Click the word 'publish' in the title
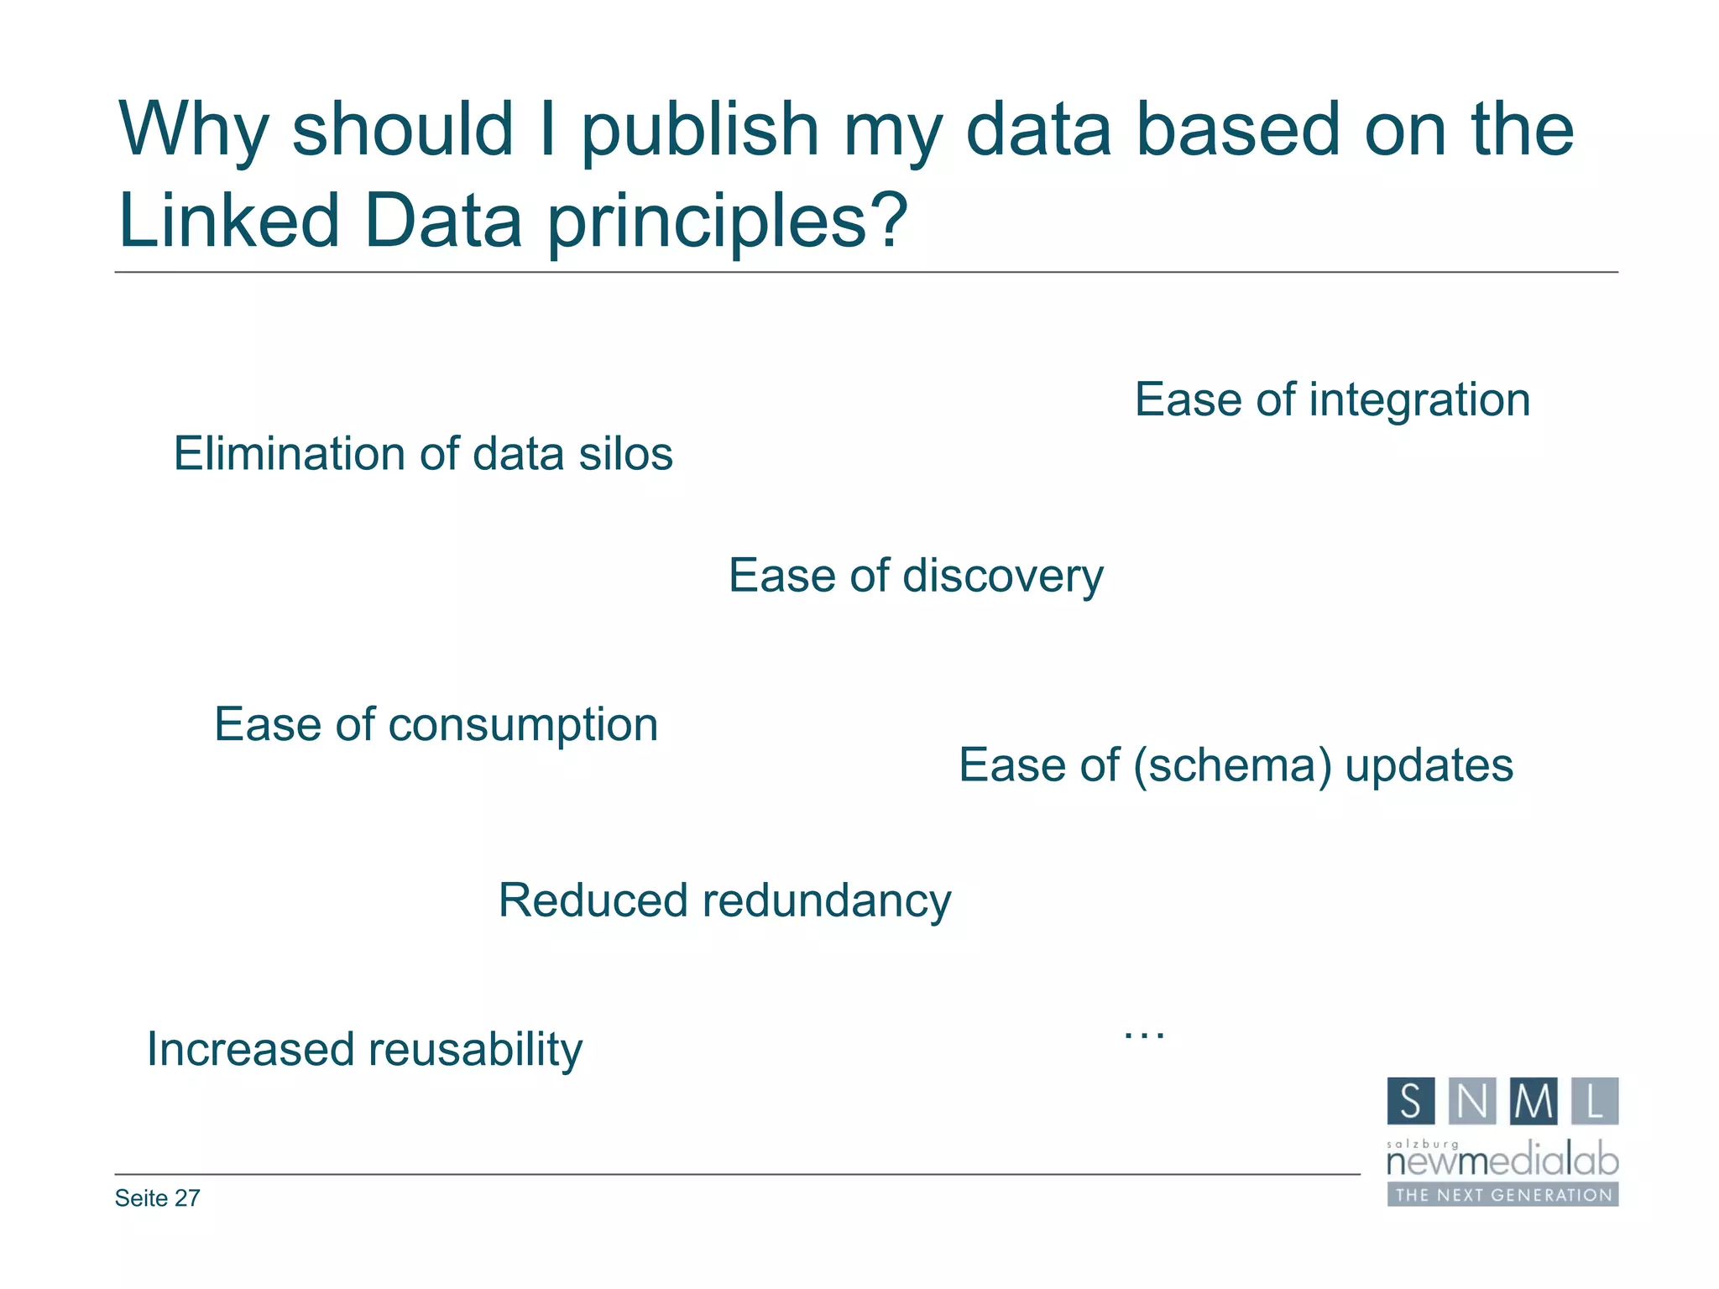click(699, 130)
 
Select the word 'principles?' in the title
click(728, 221)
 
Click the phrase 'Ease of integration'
click(1332, 399)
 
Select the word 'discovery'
click(1002, 577)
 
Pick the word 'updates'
click(1429, 765)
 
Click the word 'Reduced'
click(593, 900)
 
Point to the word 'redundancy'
click(827, 900)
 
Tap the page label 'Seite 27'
click(158, 1198)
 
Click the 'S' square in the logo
click(1411, 1101)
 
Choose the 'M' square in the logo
click(1534, 1101)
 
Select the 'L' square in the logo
click(1595, 1101)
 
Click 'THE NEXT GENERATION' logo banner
click(1502, 1195)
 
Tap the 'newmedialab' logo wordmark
click(1502, 1162)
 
